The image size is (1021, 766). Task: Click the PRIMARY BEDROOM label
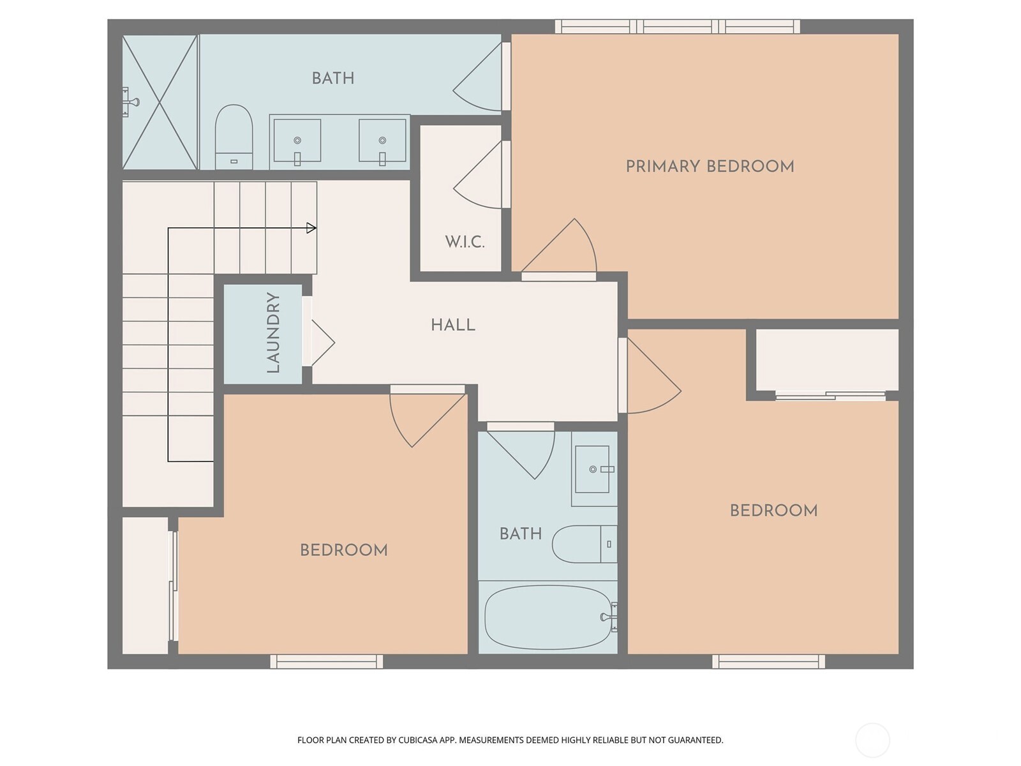tap(710, 167)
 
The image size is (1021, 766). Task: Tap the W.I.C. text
tap(465, 242)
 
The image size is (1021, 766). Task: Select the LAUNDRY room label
tap(273, 333)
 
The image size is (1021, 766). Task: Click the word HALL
tap(453, 325)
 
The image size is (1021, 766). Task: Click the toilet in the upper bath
tap(234, 137)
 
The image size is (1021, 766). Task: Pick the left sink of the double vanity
tap(297, 140)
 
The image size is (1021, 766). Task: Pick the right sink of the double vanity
tap(382, 140)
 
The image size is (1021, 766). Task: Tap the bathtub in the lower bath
tap(548, 617)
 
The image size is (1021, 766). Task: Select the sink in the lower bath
tap(593, 469)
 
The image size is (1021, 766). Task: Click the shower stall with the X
tap(160, 102)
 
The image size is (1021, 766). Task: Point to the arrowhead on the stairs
tap(311, 228)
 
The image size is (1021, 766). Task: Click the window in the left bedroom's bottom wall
tap(326, 661)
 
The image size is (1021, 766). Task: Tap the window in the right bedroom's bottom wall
tap(768, 661)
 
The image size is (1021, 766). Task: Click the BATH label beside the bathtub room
tap(520, 534)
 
